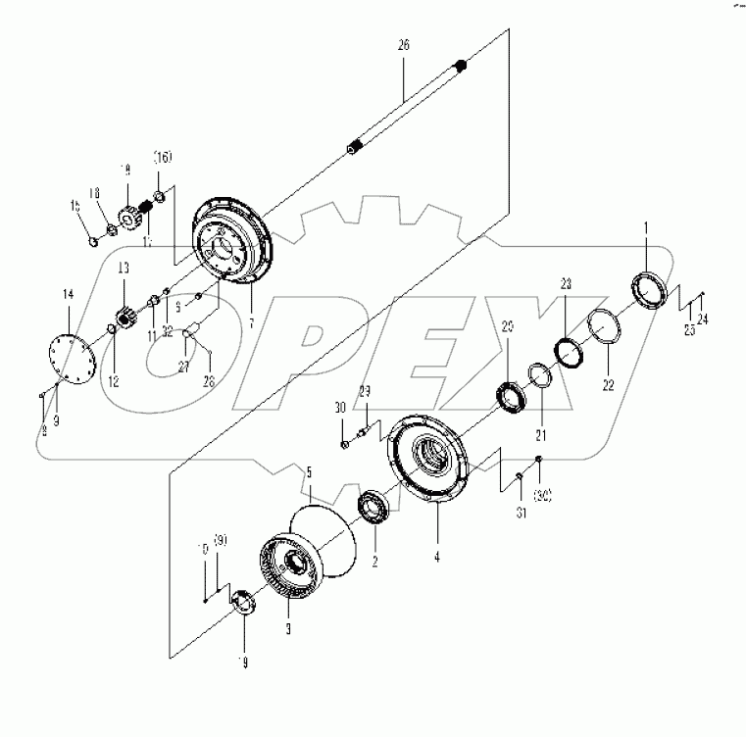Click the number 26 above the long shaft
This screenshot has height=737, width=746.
click(x=404, y=46)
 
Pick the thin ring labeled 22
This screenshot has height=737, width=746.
click(x=603, y=326)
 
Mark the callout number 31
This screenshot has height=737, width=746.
click(x=521, y=512)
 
